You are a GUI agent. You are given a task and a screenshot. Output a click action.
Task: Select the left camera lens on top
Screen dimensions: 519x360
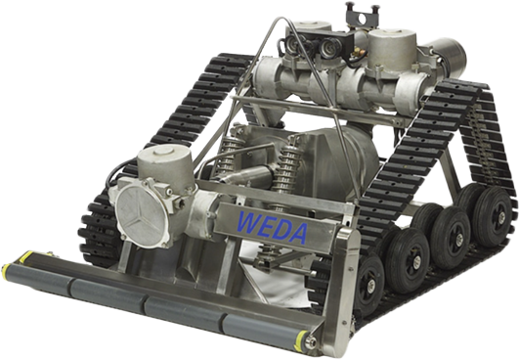coord(294,42)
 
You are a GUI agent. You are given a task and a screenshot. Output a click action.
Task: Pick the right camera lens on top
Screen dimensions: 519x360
coord(329,45)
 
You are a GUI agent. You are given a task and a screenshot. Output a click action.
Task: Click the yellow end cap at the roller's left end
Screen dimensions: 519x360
coord(6,271)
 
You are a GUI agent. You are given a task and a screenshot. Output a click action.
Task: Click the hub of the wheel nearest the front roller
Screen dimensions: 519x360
coord(370,284)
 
